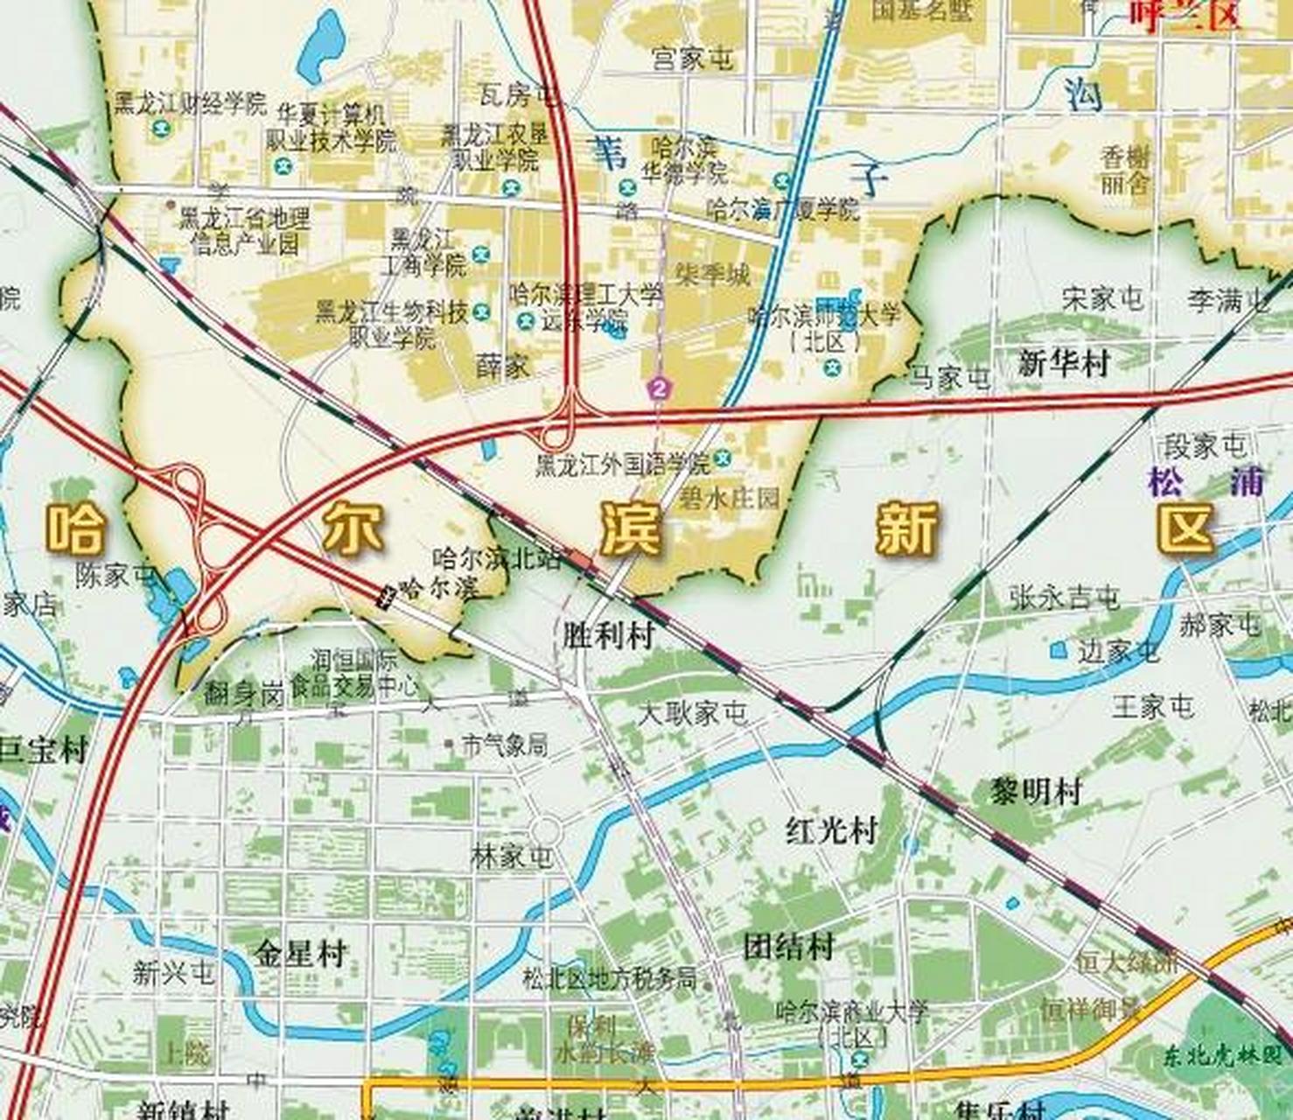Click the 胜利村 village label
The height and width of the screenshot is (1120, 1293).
(x=609, y=637)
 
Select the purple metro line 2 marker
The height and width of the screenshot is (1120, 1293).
(x=658, y=388)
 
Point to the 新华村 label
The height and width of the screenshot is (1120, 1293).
(x=1063, y=362)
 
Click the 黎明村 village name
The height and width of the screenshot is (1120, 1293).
(x=1036, y=792)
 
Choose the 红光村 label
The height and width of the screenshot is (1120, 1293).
(x=830, y=830)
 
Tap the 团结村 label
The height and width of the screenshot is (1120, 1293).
(x=789, y=947)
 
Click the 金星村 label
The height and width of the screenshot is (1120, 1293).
(x=302, y=953)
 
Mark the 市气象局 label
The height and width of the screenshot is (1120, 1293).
(x=505, y=745)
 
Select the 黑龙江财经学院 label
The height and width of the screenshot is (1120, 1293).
(x=190, y=104)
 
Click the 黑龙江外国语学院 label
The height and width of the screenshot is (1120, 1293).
(x=623, y=464)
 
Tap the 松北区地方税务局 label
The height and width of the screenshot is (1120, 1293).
(x=610, y=977)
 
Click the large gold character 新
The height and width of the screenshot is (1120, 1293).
(x=907, y=528)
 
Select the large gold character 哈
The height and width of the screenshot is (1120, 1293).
(x=74, y=528)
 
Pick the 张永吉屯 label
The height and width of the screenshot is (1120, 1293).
(x=1064, y=598)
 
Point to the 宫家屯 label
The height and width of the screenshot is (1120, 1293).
(x=692, y=59)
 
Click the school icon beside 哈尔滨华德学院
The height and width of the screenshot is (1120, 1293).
(x=626, y=186)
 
